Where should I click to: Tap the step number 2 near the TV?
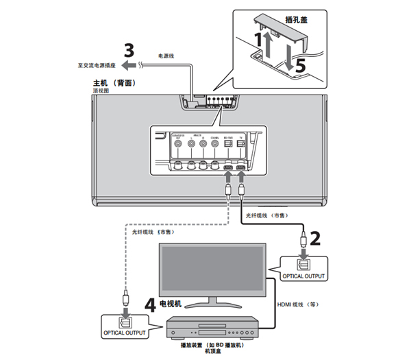pyautogui.click(x=315, y=239)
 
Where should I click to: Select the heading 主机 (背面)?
pyautogui.click(x=112, y=83)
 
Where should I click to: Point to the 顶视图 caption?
pyautogui.click(x=101, y=91)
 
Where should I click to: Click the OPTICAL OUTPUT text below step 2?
pyautogui.click(x=301, y=276)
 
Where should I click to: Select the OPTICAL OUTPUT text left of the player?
pyautogui.click(x=123, y=333)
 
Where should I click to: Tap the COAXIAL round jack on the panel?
pyautogui.click(x=215, y=165)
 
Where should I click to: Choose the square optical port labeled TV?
pyautogui.click(x=240, y=166)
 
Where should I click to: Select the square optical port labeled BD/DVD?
pyautogui.click(x=228, y=166)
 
